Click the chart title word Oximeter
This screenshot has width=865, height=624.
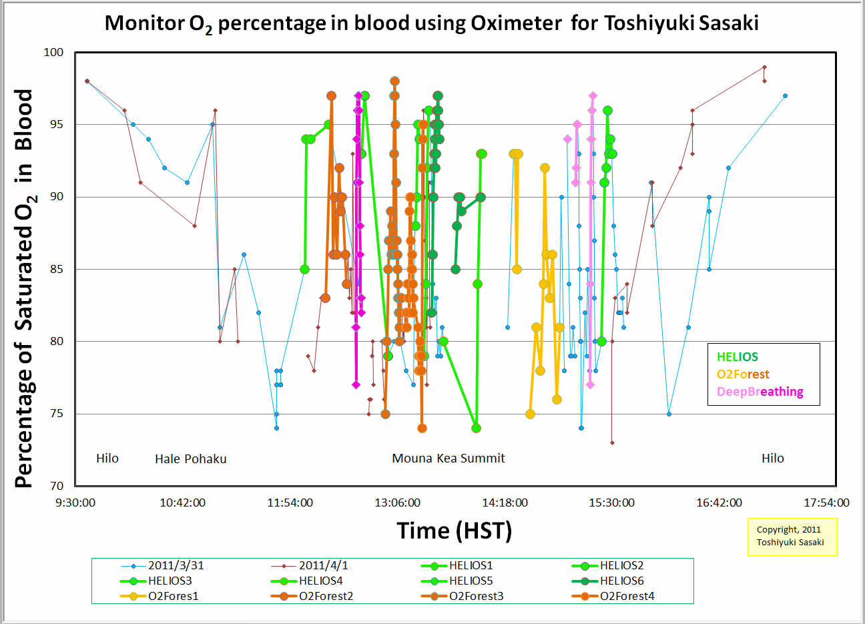pos(516,23)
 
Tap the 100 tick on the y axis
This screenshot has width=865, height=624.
pos(53,52)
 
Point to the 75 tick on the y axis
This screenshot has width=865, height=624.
pos(53,414)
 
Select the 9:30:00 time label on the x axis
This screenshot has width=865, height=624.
pos(75,503)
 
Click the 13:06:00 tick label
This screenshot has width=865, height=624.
pos(397,503)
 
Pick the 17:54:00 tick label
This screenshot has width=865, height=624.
pos(826,503)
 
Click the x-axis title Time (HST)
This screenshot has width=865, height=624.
pos(455,531)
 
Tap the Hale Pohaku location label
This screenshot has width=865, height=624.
pos(190,459)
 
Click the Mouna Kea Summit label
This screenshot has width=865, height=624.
pos(448,458)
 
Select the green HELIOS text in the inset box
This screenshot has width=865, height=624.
pos(737,357)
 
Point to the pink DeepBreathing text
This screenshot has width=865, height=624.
pos(760,392)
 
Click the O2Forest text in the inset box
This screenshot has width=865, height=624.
pos(743,374)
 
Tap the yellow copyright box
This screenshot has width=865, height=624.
pos(792,536)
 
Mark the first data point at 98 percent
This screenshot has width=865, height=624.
pos(87,81)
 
